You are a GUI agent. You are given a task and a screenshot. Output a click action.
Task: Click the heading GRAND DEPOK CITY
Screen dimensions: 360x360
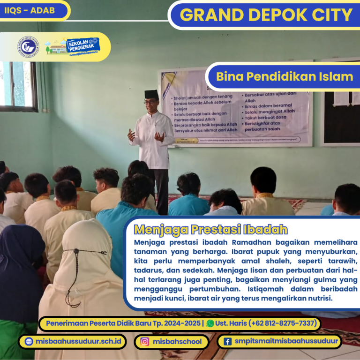[266, 15]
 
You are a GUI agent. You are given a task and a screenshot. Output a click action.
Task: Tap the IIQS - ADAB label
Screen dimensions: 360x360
[29, 9]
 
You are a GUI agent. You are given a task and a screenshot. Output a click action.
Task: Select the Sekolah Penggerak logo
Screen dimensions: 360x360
[81, 46]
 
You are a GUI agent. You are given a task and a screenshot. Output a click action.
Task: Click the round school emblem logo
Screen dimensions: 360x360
[28, 47]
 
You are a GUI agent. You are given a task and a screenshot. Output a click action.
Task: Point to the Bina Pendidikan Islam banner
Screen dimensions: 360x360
[285, 76]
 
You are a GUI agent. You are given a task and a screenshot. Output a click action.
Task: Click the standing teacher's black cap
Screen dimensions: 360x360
[151, 94]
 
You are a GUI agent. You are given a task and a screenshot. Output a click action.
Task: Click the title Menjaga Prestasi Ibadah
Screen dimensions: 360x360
[210, 230]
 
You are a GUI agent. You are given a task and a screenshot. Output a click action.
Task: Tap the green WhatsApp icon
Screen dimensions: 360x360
[210, 323]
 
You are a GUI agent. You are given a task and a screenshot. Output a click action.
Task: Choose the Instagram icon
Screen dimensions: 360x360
[145, 342]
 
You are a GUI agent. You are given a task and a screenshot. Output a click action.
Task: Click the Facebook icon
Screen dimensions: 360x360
[227, 342]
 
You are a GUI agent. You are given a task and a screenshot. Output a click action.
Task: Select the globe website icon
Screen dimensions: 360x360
[29, 342]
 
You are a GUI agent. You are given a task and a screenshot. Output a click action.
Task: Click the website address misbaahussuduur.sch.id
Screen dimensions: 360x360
[78, 341]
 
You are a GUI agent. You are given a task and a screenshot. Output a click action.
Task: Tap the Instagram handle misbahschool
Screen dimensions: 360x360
[177, 342]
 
